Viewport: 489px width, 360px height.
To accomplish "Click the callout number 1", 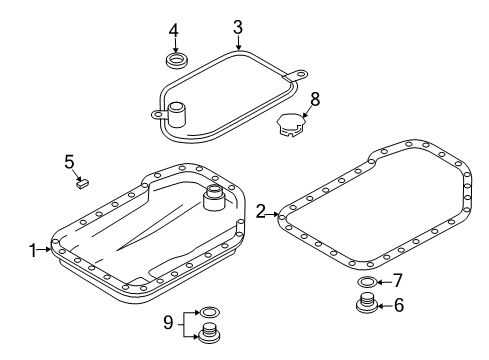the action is click(x=33, y=250).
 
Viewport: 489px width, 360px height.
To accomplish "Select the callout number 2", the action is click(x=261, y=211).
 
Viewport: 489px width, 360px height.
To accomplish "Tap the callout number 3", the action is click(x=238, y=28).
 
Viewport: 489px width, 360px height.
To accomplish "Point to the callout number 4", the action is click(x=173, y=31).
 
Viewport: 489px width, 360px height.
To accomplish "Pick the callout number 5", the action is click(x=69, y=162).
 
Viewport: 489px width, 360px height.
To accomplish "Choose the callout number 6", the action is click(x=399, y=305).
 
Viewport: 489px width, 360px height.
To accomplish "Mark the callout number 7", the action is click(x=398, y=281).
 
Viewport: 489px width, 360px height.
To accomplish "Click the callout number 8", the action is click(x=315, y=99).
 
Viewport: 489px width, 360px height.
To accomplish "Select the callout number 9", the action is click(x=168, y=323).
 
